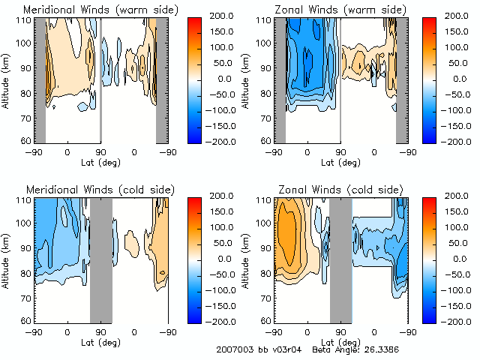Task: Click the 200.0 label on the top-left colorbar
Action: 220,15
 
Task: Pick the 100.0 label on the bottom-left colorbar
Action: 220,227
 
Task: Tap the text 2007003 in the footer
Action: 233,349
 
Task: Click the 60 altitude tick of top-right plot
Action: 266,140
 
